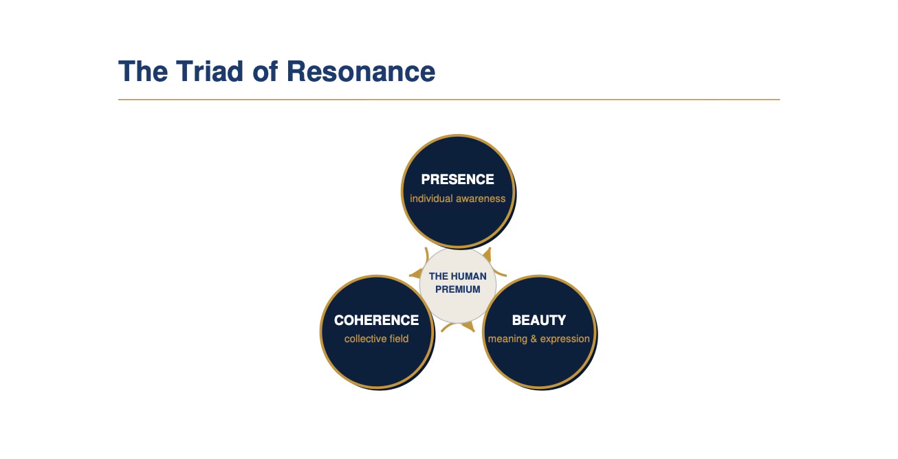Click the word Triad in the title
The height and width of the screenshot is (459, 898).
pyautogui.click(x=209, y=71)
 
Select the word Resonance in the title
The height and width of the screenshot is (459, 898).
pyautogui.click(x=361, y=71)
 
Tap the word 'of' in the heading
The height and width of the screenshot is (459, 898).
pyautogui.click(x=265, y=71)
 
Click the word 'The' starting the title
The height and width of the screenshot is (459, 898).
pyautogui.click(x=143, y=71)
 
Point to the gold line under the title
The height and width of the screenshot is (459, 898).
pyautogui.click(x=449, y=100)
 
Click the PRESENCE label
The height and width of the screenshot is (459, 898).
pyautogui.click(x=457, y=179)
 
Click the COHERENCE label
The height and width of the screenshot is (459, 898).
pyautogui.click(x=376, y=320)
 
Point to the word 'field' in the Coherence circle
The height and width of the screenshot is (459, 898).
pyautogui.click(x=399, y=339)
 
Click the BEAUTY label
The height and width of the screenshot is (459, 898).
pyautogui.click(x=539, y=320)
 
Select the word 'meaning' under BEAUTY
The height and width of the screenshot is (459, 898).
pyautogui.click(x=507, y=339)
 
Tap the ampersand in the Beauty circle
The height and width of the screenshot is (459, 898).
pyautogui.click(x=534, y=339)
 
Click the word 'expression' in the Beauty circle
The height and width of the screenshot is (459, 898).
pyautogui.click(x=565, y=339)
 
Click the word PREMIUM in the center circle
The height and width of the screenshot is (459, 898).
pyautogui.click(x=458, y=289)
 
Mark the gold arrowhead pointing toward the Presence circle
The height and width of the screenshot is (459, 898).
pyautogui.click(x=487, y=254)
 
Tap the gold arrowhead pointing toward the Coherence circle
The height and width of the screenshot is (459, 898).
pyautogui.click(x=416, y=274)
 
